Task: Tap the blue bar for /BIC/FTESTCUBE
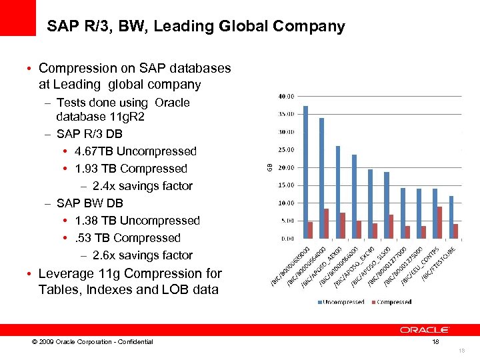[x=451, y=217]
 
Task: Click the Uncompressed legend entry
[x=341, y=302]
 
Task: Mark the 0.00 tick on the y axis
[x=287, y=238]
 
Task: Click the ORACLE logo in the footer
[x=425, y=329]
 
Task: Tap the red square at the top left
[x=18, y=18]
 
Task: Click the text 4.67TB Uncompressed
[x=136, y=151]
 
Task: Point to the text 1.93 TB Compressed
[x=131, y=169]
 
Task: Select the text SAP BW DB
[x=90, y=203]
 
